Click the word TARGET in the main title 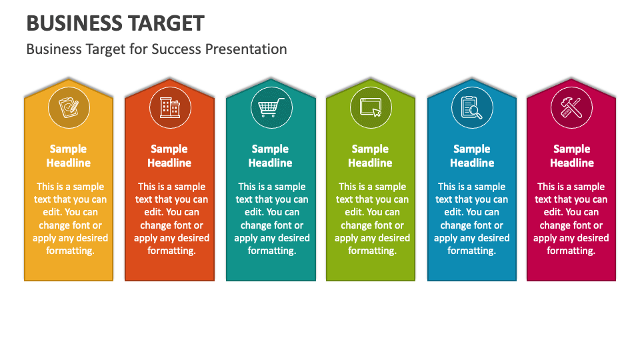coord(163,23)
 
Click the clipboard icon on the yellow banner coord(68,107)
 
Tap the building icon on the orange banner coord(169,107)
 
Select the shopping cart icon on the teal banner coord(270,107)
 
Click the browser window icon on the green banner coord(371,107)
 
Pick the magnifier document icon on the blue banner coord(471,107)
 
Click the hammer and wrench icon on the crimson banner coord(571,107)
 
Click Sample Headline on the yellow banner coord(68,156)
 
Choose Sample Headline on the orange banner coord(169,156)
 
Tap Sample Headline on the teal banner coord(270,156)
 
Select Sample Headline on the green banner coord(370,156)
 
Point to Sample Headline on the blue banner coord(472,156)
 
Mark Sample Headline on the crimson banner coord(572,156)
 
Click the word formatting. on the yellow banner coord(70,251)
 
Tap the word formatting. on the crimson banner coord(571,251)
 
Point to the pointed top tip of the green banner coord(371,79)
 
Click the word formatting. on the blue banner coord(471,251)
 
